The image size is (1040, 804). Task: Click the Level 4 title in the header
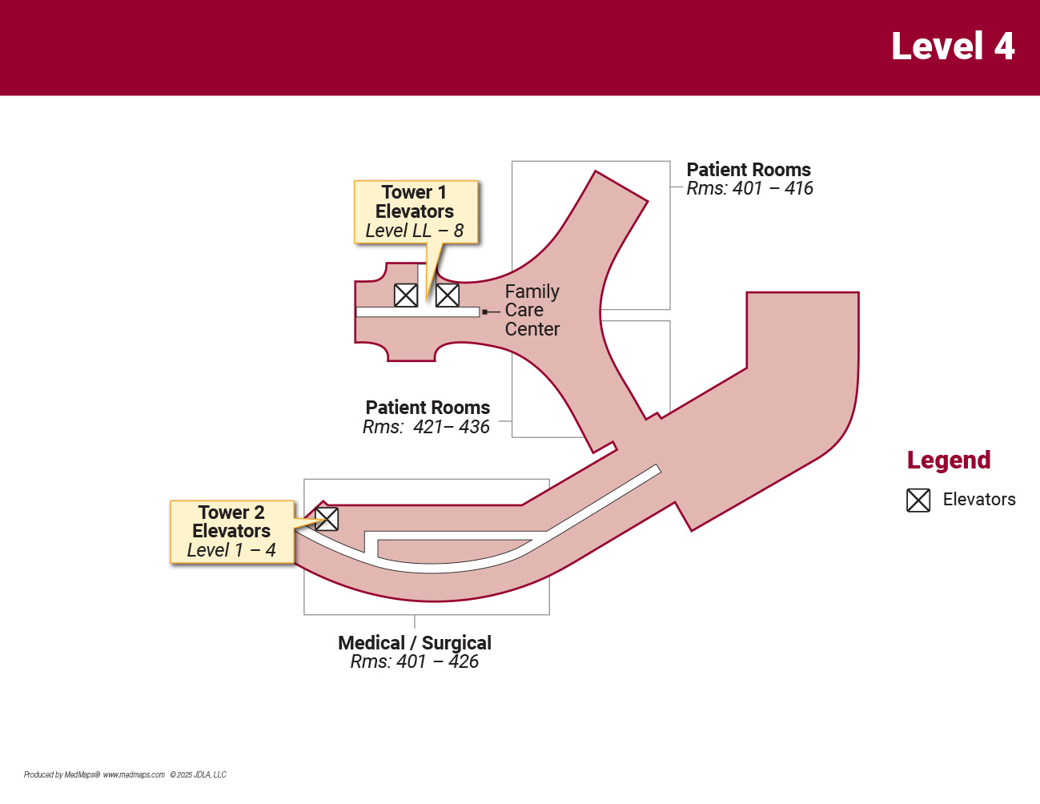pos(953,46)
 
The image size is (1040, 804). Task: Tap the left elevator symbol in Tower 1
pos(406,295)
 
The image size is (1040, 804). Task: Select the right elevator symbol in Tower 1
pos(448,295)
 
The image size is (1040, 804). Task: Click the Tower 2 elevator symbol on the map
pos(327,519)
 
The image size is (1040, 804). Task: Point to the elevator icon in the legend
pos(918,500)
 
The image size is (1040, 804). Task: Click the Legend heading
pos(949,460)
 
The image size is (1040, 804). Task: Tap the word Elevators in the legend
pos(979,500)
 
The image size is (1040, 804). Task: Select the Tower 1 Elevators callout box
pos(416,211)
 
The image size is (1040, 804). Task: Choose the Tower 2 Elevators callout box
pos(232,532)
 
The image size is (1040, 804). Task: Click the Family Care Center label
pos(532,311)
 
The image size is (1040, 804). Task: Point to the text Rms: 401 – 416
pos(749,189)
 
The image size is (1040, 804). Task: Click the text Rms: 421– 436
pos(426,428)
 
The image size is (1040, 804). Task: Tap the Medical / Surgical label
pos(415,643)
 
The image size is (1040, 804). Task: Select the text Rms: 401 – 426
pos(414,662)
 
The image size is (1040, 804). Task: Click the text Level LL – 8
pos(414,231)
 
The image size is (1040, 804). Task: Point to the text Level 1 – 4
pos(231,551)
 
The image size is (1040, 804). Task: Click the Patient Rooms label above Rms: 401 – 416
pos(749,170)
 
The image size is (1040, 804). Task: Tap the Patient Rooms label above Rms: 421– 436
pos(428,408)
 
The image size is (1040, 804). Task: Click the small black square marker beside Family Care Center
pos(484,312)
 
